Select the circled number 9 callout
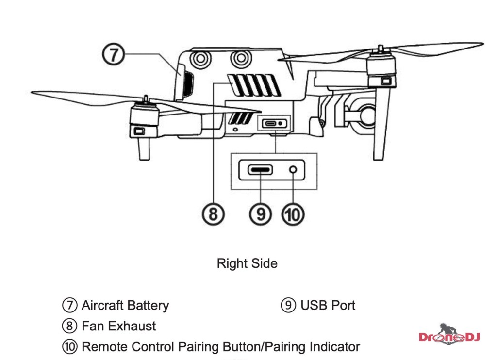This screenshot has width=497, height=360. coord(261,213)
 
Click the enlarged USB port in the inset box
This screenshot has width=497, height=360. coord(261,170)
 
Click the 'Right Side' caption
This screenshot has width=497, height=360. coord(247,263)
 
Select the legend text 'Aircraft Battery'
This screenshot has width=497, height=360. coord(125,306)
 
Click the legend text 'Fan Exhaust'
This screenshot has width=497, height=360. coord(119,326)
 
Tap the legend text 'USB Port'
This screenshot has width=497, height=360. coord(328,305)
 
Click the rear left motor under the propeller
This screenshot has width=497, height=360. coord(144,116)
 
